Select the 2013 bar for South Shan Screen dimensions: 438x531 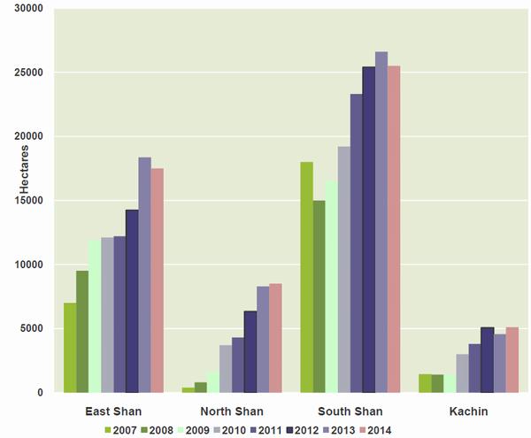pyautogui.click(x=381, y=222)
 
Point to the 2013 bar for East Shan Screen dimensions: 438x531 pyautogui.click(x=144, y=275)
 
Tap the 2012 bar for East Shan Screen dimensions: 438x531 pyautogui.click(x=132, y=301)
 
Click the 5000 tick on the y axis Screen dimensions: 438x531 pyautogui.click(x=31, y=329)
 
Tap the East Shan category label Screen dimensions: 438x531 pyautogui.click(x=113, y=411)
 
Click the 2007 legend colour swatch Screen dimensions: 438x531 pyautogui.click(x=108, y=430)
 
